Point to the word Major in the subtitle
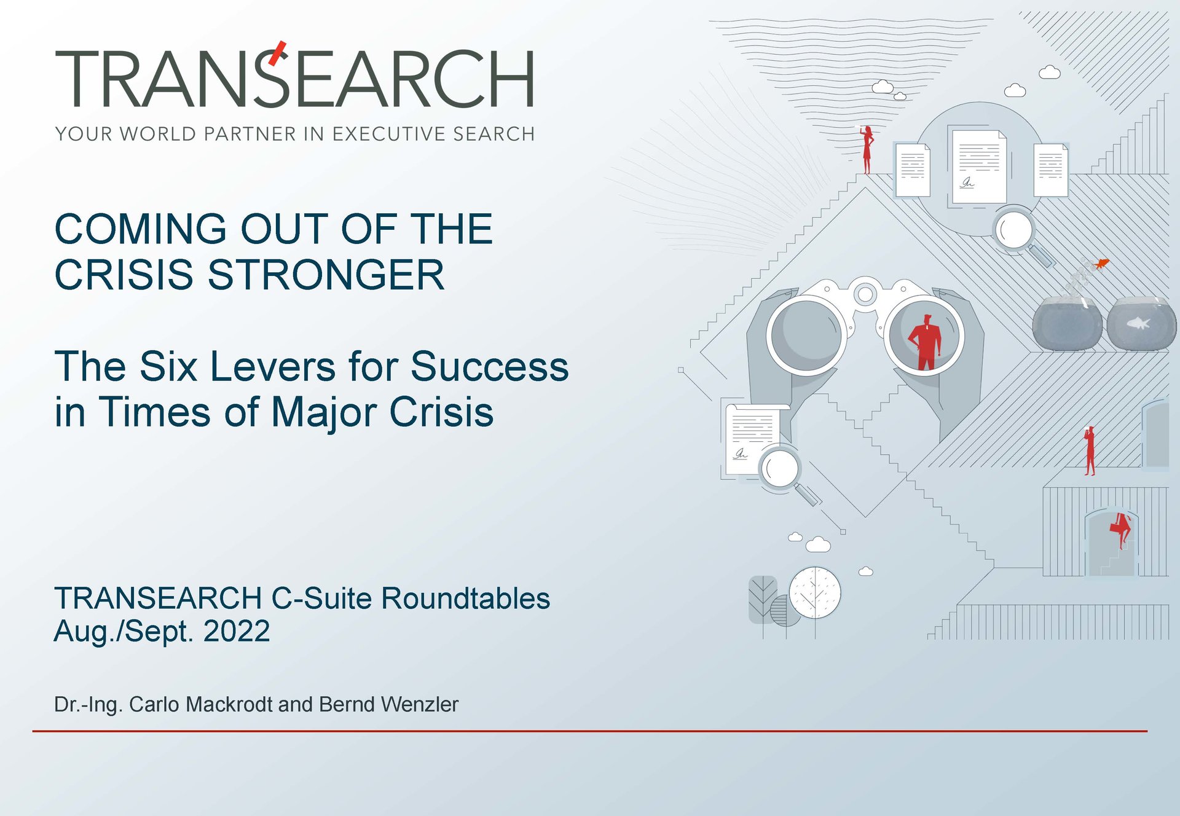pyautogui.click(x=324, y=413)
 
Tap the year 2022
pyautogui.click(x=237, y=631)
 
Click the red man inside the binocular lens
pyautogui.click(x=925, y=342)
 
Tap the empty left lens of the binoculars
pyautogui.click(x=806, y=335)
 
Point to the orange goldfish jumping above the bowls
pyautogui.click(x=1101, y=264)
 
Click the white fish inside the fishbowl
pyautogui.click(x=1138, y=323)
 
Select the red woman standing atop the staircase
pyautogui.click(x=867, y=150)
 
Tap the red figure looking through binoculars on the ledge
pyautogui.click(x=1090, y=450)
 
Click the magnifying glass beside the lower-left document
pyautogui.click(x=786, y=474)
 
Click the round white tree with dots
pyautogui.click(x=815, y=592)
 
